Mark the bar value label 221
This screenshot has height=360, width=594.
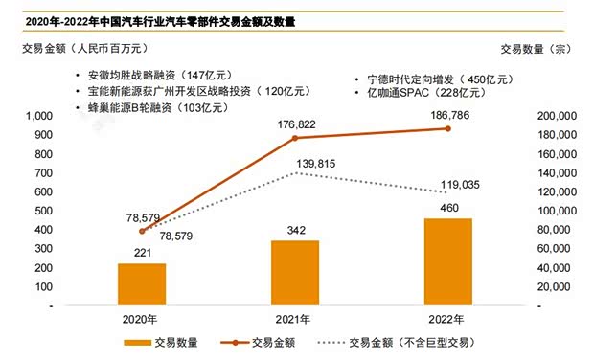coord(142,253)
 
